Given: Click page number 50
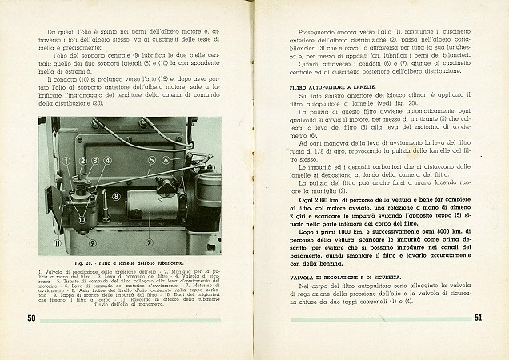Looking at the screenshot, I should (x=31, y=319).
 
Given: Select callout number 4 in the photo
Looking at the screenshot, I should (x=107, y=162).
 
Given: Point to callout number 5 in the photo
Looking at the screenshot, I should (x=151, y=161).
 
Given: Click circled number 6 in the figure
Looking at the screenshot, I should (x=166, y=161).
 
